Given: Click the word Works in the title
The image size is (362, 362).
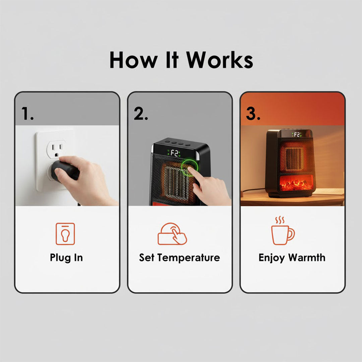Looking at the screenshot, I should coord(220,60).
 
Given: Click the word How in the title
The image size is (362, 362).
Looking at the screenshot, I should coord(133,60).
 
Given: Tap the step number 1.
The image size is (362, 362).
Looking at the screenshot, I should coord(27,114).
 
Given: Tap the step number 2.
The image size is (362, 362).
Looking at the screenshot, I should coord(141,114).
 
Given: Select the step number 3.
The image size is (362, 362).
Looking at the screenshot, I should coord(253,114).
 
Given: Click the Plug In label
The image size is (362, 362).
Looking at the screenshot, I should coord(66,257).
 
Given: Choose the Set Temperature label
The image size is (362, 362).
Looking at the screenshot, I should coord(180,257).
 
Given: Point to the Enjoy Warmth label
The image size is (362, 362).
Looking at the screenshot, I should coord(292,257).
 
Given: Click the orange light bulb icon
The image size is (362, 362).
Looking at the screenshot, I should coord(65,234).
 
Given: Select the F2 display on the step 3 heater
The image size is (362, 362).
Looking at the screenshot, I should coord(296,134).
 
